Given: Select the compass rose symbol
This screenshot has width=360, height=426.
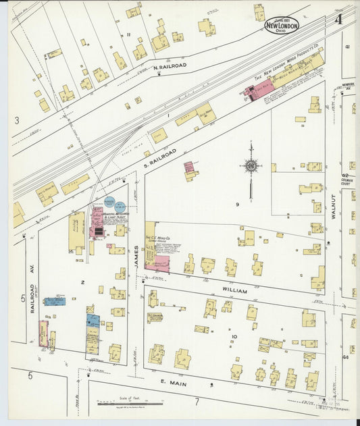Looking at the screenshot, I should [250, 165].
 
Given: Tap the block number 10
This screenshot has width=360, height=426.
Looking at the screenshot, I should [234, 336].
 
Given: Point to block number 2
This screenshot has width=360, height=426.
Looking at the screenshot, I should [82, 282].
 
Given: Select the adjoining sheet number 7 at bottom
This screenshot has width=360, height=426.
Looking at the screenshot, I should [197, 402].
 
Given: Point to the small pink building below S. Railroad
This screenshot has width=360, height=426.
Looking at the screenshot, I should [189, 166].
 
